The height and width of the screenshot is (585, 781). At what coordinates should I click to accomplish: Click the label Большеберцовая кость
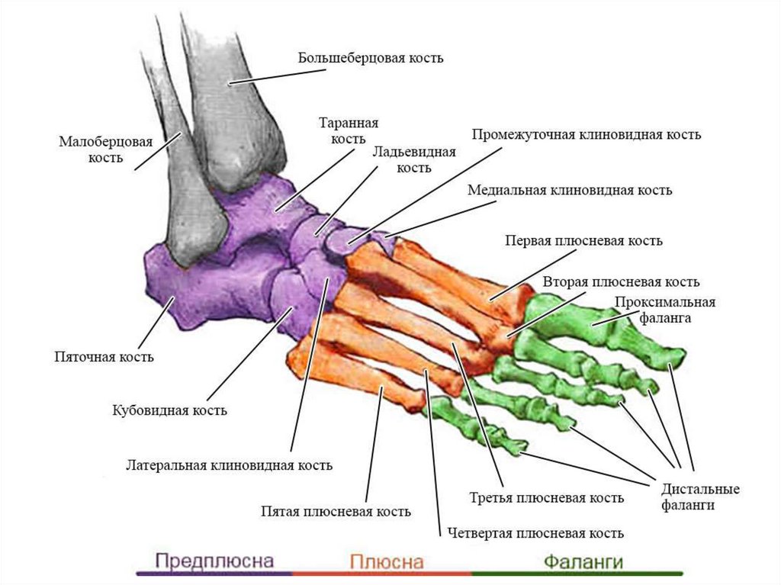point(371,58)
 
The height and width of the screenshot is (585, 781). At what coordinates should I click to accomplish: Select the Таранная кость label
point(349,130)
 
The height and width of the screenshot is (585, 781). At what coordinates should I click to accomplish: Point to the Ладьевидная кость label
point(414,159)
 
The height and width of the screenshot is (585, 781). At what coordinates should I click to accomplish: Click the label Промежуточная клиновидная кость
point(586,135)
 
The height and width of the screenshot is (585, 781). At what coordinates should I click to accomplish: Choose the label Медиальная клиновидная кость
point(570,190)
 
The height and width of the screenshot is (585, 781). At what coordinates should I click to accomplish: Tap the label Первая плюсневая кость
point(583,241)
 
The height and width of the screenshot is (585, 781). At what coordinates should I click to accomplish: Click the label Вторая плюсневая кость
point(621,282)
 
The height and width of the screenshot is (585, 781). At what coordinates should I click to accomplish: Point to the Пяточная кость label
point(104,356)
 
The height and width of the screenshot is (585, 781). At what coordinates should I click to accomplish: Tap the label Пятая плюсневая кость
point(336,512)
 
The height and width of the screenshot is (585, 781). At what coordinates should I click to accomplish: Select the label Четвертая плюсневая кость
point(536,533)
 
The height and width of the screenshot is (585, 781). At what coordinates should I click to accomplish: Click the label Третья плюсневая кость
point(546,498)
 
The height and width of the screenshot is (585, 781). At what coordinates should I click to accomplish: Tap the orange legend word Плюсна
point(386,562)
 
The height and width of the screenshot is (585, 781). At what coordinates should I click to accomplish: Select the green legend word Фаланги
point(583,562)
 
